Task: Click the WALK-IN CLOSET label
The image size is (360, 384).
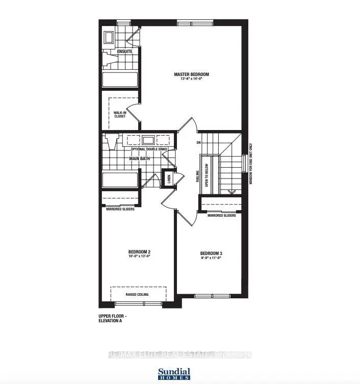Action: point(119,114)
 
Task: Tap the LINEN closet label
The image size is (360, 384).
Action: point(168,178)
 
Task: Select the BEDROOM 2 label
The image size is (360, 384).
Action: point(139,252)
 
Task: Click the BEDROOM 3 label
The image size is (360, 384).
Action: point(211,253)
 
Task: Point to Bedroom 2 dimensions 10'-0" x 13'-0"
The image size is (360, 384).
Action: point(139,257)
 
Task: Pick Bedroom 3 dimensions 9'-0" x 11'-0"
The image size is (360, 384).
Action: point(211,259)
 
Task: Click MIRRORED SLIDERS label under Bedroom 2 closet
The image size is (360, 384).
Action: point(120,209)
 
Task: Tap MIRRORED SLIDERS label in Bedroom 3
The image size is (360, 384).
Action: point(221,216)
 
